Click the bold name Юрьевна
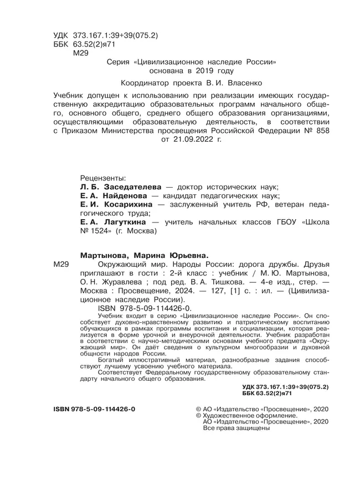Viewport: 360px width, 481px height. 181,255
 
